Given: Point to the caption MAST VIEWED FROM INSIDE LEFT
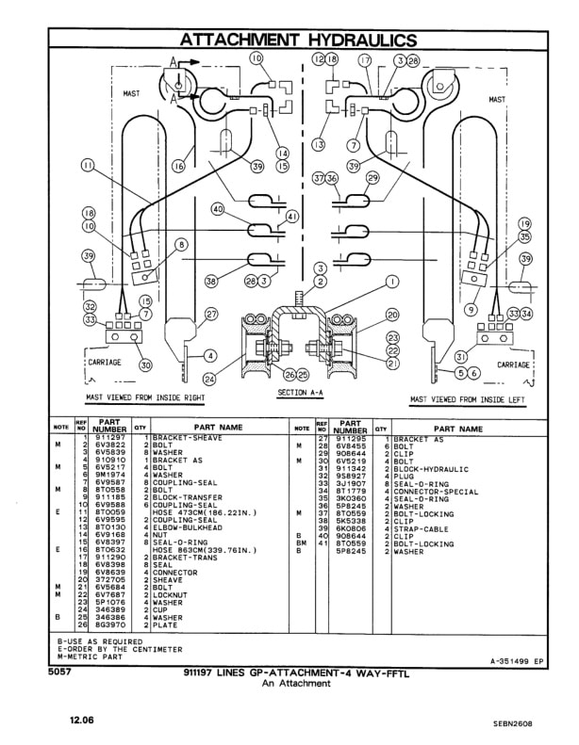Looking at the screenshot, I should pyautogui.click(x=468, y=399).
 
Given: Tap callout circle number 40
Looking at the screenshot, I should pyautogui.click(x=218, y=208).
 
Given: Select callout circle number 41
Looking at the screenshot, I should pyautogui.click(x=291, y=217).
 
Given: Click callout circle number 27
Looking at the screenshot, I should pyautogui.click(x=211, y=315).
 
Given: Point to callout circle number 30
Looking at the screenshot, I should pyautogui.click(x=145, y=364).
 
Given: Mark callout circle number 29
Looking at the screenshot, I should pyautogui.click(x=372, y=177).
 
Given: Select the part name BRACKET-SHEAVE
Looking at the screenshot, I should pyautogui.click(x=184, y=440).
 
